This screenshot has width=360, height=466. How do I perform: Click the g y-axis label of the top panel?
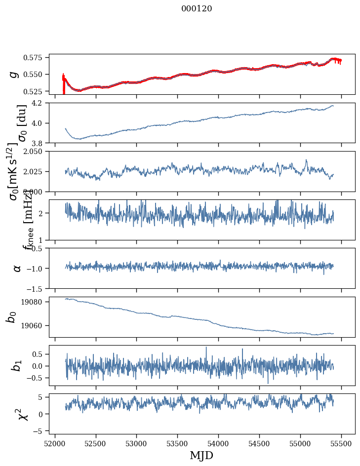point(15,74)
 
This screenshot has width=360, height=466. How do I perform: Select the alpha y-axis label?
point(17,268)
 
